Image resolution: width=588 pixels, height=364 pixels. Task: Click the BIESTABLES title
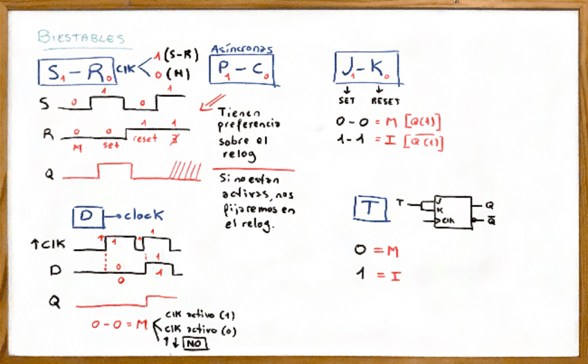point(81,37)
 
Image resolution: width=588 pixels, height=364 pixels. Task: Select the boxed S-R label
point(76,72)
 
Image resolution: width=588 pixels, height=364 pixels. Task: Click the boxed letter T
point(371,207)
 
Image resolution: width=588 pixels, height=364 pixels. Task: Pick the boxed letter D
point(87,217)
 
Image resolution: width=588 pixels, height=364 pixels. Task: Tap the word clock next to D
point(144,217)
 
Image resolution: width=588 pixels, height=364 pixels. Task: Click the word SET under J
point(347,100)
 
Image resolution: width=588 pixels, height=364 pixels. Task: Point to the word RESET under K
point(384,100)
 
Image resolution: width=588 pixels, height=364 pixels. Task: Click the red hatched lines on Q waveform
point(187,170)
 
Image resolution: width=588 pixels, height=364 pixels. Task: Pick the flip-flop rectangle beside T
point(451,212)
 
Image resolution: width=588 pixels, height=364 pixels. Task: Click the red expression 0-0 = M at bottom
point(119,324)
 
